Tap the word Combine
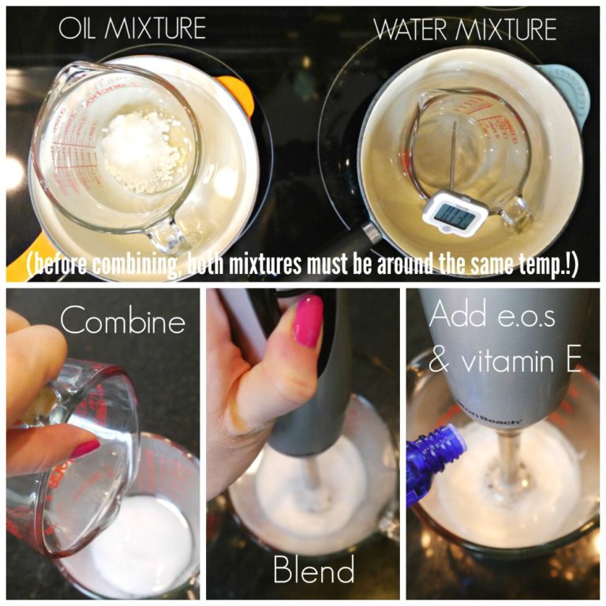pyautogui.click(x=123, y=322)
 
